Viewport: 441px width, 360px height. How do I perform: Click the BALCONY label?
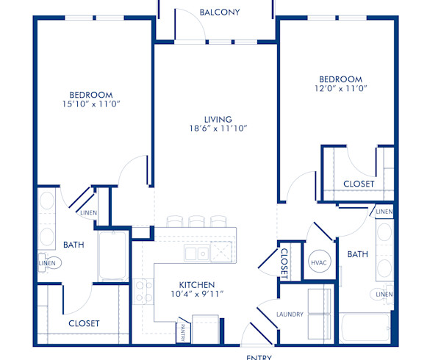[x=219, y=12]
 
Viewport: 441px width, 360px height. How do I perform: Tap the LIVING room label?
[x=218, y=119]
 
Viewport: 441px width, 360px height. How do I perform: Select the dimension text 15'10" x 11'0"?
[x=91, y=104]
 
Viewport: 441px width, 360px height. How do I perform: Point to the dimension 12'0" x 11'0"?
[x=340, y=88]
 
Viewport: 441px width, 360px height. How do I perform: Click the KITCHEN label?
[x=197, y=284]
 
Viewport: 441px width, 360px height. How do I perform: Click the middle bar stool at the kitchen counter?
[x=197, y=221]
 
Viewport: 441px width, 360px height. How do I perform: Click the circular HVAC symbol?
[x=318, y=261]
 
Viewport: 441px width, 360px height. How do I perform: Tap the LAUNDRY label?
[x=290, y=314]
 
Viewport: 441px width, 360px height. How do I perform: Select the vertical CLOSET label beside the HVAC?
[x=284, y=262]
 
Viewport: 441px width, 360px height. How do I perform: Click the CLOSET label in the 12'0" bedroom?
[x=359, y=184]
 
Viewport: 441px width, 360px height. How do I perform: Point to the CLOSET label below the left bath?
[x=84, y=323]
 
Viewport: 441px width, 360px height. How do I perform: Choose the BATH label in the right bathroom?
[x=357, y=254]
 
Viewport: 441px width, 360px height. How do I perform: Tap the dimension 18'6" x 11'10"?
[x=218, y=129]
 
